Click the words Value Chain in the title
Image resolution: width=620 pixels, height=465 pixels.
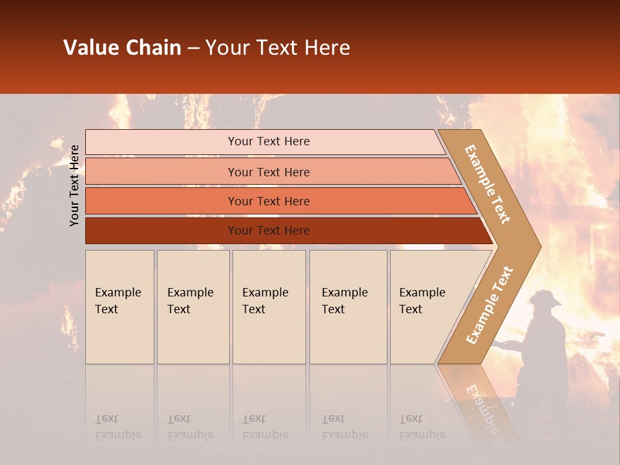click(122, 48)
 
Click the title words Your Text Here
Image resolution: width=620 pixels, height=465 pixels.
click(278, 48)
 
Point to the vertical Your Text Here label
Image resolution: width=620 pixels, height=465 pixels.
click(74, 185)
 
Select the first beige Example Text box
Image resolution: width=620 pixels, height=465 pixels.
click(119, 307)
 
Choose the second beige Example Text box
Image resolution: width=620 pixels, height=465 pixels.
click(193, 307)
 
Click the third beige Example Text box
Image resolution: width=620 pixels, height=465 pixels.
click(269, 307)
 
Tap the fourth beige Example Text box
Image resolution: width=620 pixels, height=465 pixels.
click(348, 307)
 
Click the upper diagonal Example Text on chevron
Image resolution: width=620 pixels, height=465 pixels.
click(488, 183)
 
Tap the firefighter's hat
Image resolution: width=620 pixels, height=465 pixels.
click(545, 298)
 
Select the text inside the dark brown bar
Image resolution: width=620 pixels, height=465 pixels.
click(269, 231)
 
